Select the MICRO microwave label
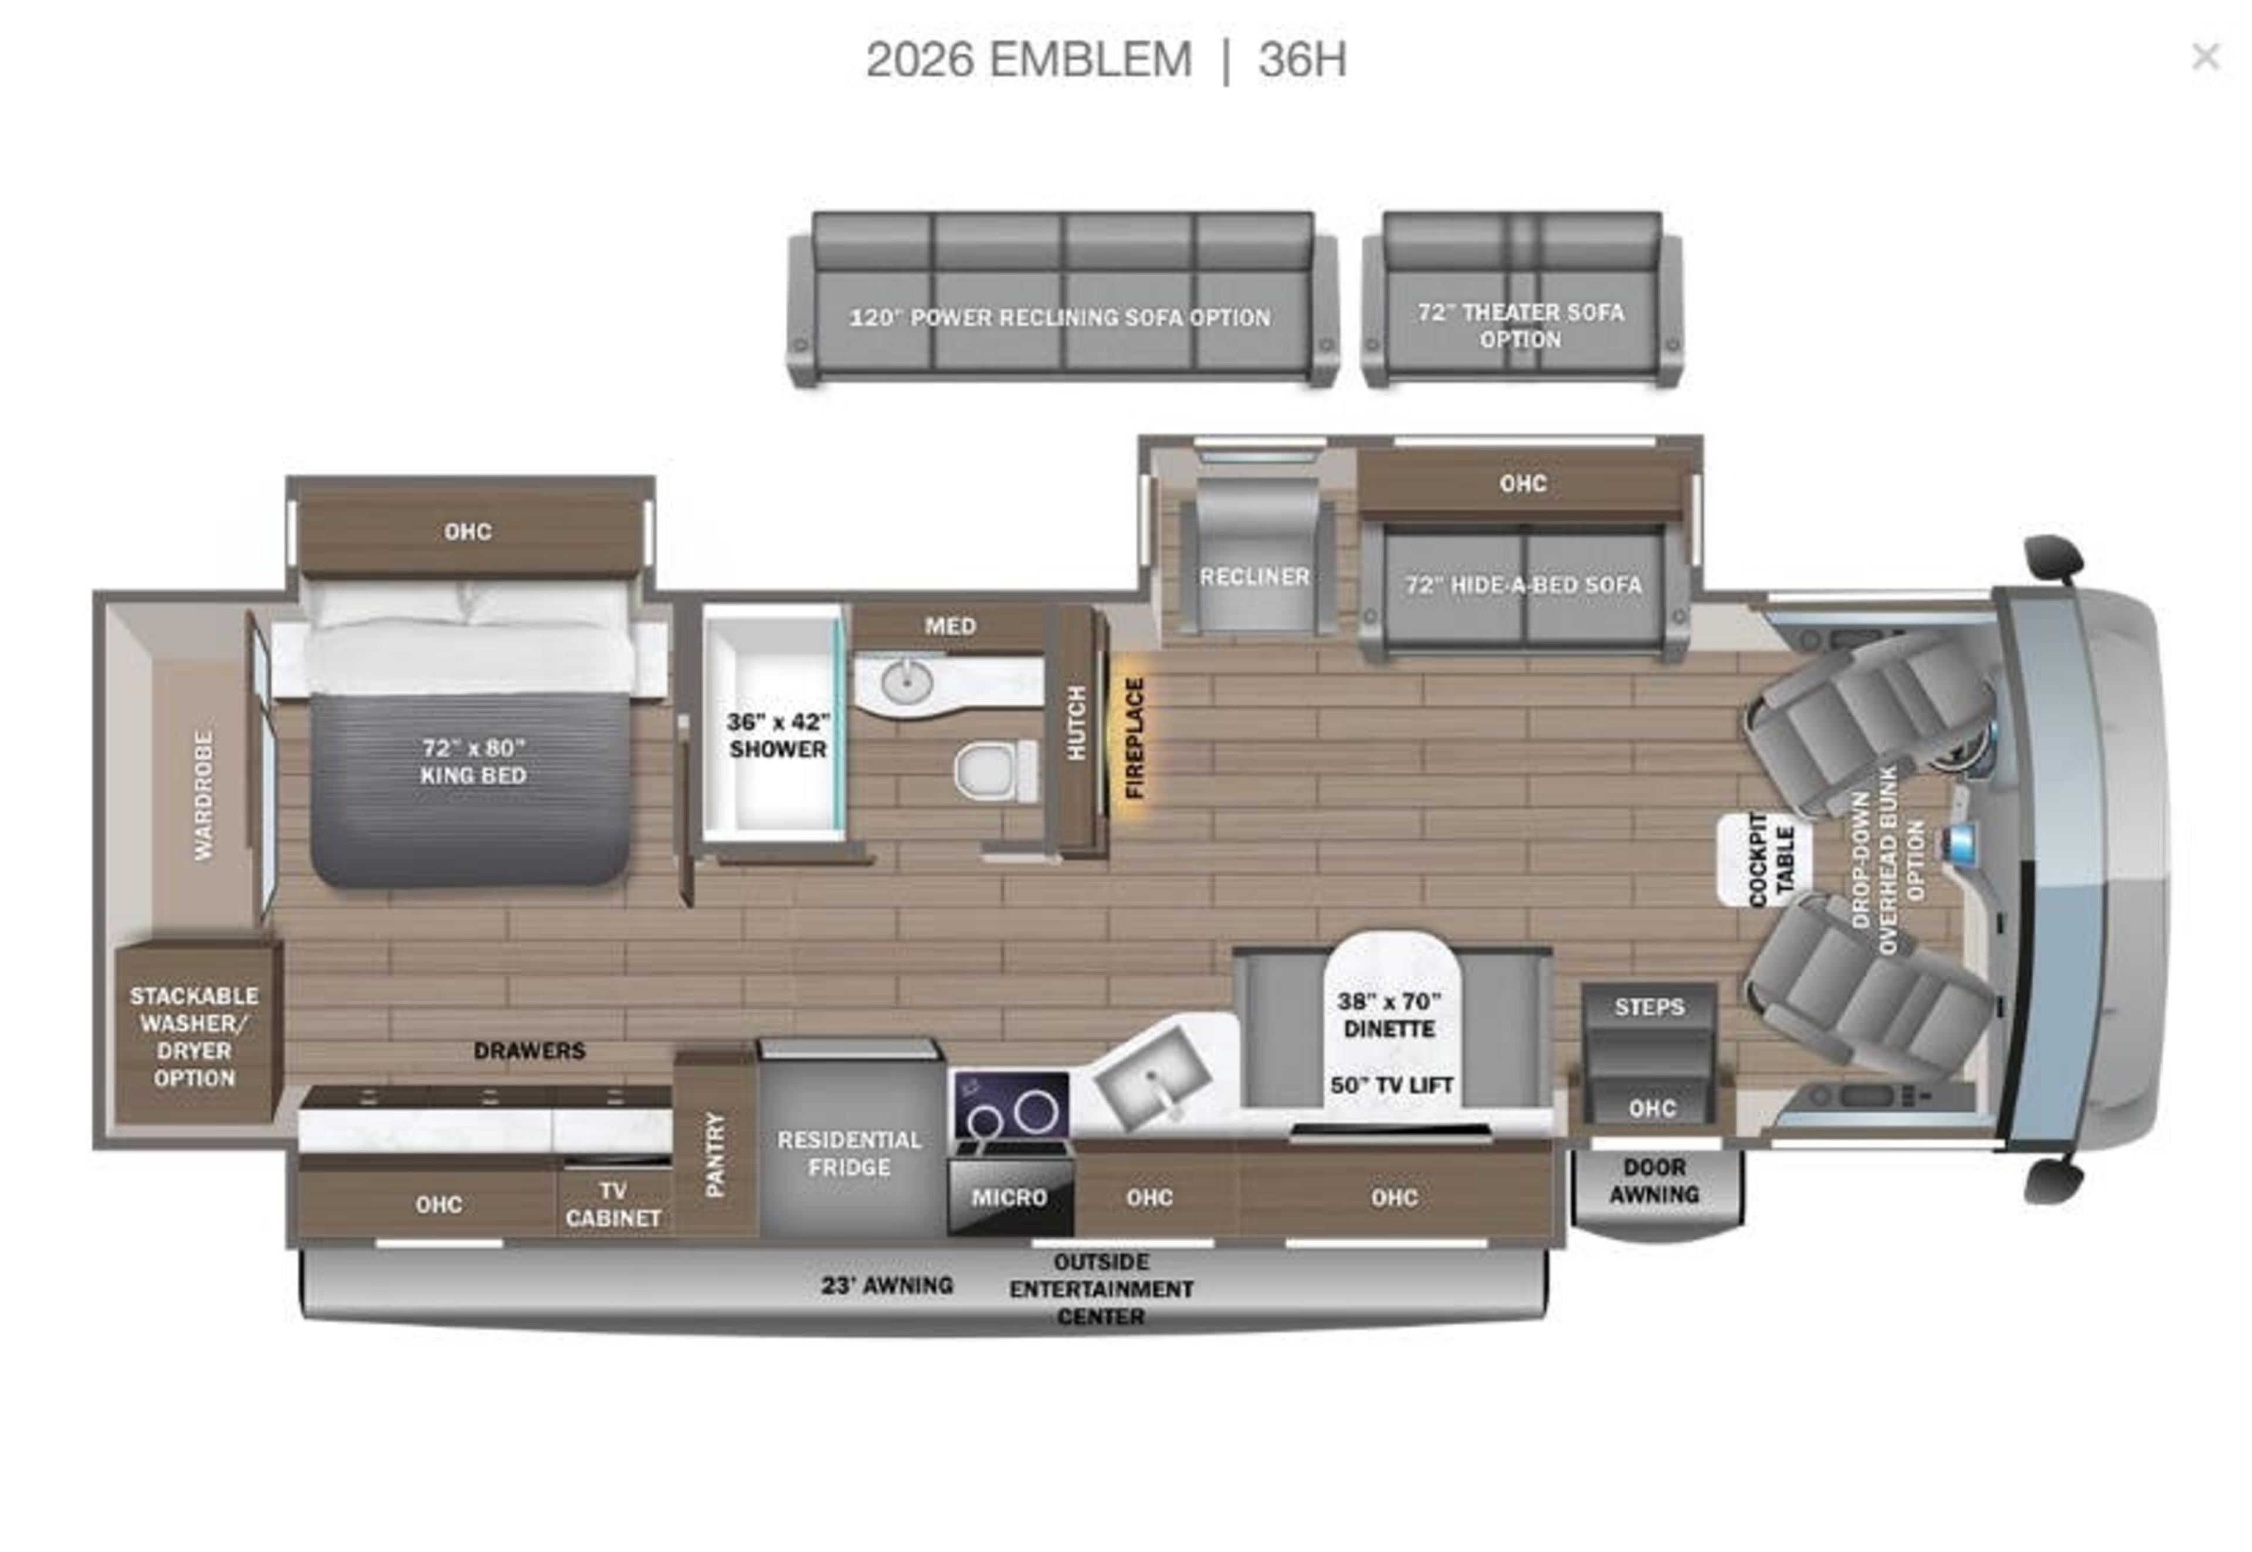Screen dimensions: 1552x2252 tap(1009, 1197)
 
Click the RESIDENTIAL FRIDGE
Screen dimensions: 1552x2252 tap(849, 1153)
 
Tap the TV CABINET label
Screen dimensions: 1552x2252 tap(613, 1204)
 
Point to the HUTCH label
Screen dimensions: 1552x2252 tap(1076, 723)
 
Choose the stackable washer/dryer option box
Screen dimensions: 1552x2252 tap(195, 1036)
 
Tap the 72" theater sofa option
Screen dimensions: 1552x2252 tap(1521, 325)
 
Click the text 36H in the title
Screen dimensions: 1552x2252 tap(1302, 60)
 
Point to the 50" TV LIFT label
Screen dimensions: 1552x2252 tap(1392, 1085)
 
